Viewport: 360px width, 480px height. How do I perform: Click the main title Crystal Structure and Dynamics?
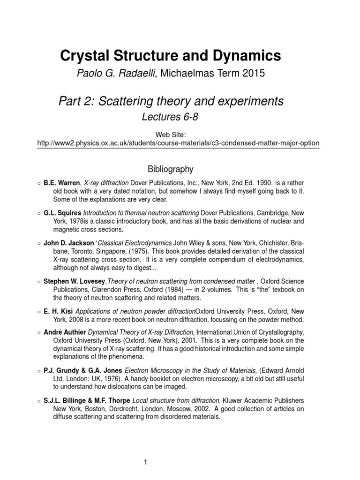tap(171, 56)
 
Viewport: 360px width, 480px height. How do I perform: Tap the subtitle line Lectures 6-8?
tap(170, 117)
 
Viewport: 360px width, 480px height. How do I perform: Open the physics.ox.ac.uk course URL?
tap(178, 142)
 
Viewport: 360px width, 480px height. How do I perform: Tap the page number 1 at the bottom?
tap(146, 449)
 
